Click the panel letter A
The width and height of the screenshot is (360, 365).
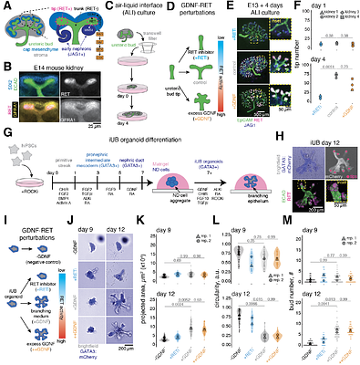coord(5,5)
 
